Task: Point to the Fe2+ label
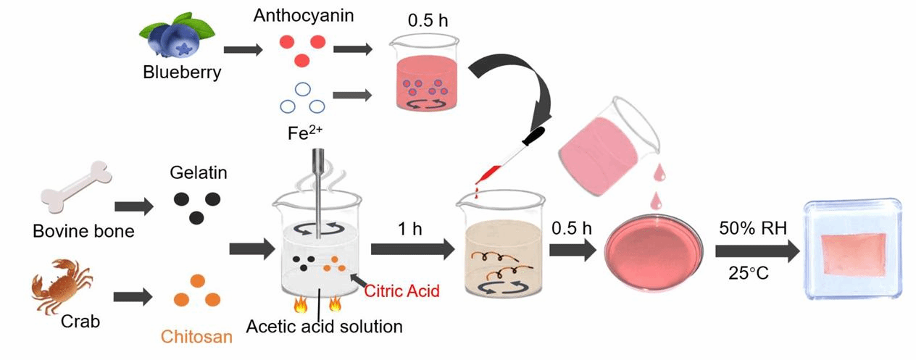301,134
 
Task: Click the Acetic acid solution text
324,327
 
